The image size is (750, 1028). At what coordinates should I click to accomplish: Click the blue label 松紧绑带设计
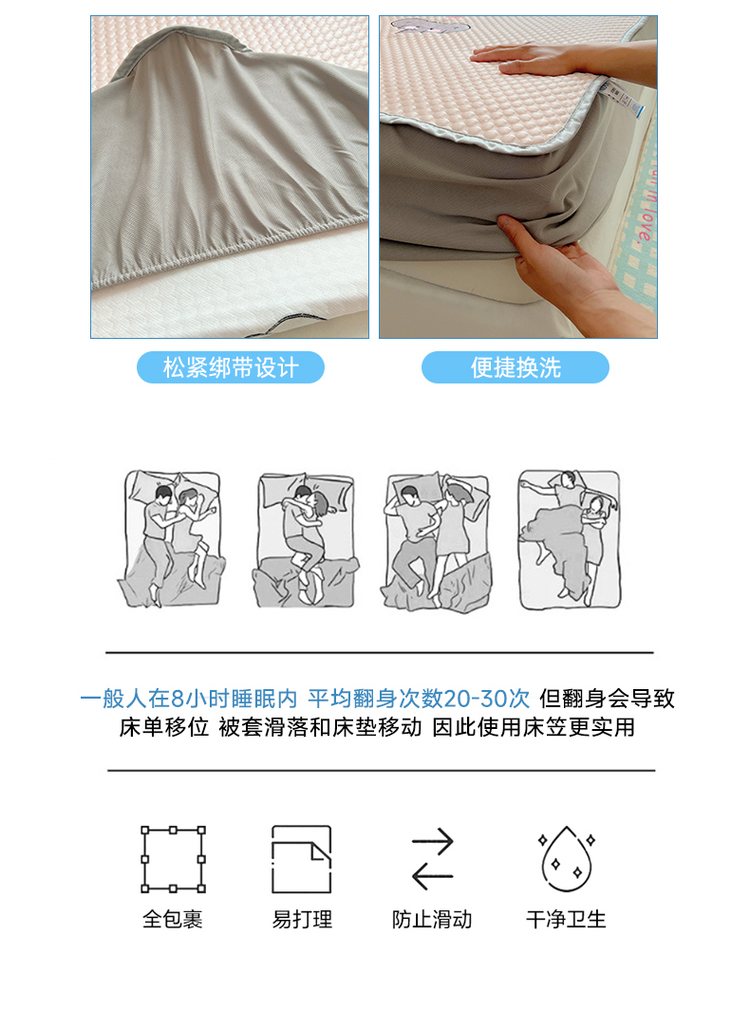(230, 367)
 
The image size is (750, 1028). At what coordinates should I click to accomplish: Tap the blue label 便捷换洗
(516, 367)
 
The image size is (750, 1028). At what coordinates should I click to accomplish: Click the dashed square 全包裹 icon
(173, 859)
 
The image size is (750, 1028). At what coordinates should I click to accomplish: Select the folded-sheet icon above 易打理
(302, 859)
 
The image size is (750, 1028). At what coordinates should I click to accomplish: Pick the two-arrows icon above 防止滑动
(433, 859)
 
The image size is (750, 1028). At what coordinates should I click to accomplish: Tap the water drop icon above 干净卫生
(567, 859)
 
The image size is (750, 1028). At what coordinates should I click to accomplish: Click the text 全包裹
(173, 919)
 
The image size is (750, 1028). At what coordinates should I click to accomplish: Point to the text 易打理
(302, 919)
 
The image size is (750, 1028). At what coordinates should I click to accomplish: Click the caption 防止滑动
(432, 919)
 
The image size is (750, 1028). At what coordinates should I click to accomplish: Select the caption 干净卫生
(566, 919)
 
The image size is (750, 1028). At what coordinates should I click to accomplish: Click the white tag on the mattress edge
(620, 99)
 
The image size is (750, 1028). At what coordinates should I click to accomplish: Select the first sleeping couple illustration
(171, 538)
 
